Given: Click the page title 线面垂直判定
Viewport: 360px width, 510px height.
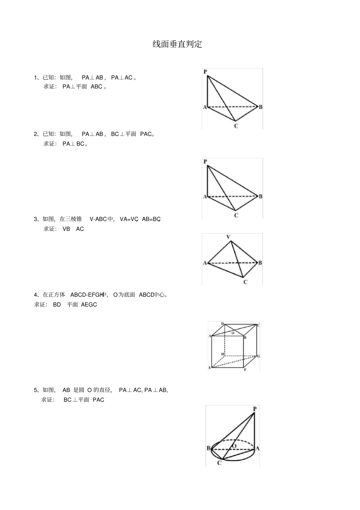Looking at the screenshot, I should click(x=177, y=44).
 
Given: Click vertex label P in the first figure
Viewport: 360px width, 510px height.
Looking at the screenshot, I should click(x=205, y=72).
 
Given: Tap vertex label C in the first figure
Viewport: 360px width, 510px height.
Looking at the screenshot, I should click(x=236, y=126).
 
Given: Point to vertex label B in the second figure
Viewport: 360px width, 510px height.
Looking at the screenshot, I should click(x=260, y=196).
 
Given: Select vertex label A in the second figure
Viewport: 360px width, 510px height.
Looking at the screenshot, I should click(x=205, y=196).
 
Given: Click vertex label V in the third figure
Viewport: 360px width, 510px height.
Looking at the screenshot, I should click(x=228, y=237).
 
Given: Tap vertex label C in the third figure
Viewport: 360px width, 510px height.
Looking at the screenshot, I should click(x=245, y=282).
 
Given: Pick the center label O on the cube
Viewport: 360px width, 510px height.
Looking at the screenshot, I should click(x=233, y=333).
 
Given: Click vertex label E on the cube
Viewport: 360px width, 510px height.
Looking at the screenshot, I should click(x=210, y=368).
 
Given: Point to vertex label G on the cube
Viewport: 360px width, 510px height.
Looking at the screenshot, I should click(x=258, y=356).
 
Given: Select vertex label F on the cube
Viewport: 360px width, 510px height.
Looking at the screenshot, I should click(x=245, y=369).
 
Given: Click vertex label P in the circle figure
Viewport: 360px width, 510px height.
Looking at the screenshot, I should click(x=254, y=409).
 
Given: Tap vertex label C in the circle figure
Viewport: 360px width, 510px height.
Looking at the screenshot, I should click(x=219, y=463).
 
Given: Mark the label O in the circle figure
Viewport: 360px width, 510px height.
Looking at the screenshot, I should click(x=234, y=446).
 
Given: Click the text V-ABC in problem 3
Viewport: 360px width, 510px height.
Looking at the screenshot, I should click(x=98, y=219).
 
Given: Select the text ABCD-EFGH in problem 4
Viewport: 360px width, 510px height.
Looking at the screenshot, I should click(x=87, y=295).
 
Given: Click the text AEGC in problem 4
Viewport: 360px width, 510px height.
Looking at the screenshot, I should click(x=89, y=305).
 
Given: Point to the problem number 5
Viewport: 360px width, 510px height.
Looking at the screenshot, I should click(x=36, y=390).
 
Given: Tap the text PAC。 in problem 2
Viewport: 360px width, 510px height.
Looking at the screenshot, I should click(x=147, y=134).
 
